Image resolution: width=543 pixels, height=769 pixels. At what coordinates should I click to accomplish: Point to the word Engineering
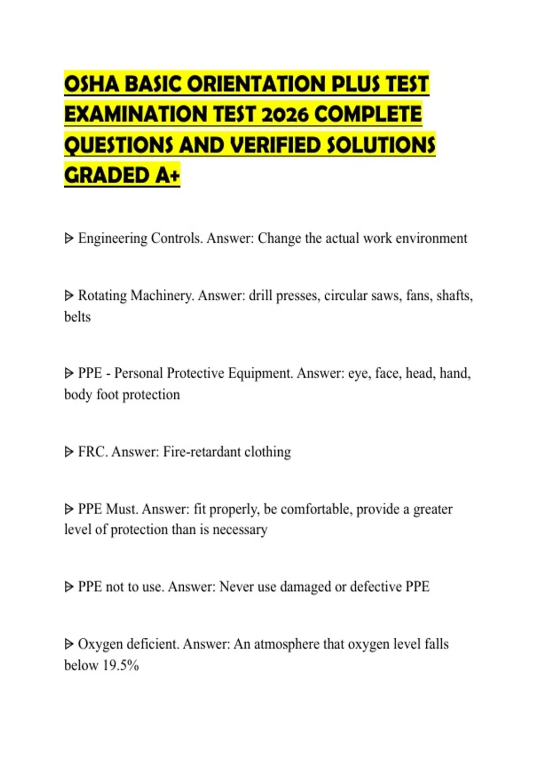(113, 238)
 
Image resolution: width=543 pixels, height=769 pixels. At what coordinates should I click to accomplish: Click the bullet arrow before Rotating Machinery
(69, 296)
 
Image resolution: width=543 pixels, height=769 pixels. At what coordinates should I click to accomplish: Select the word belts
(77, 317)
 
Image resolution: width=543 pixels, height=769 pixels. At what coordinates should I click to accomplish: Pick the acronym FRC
(92, 452)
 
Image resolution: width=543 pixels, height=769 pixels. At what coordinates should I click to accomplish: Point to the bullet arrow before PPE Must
(69, 509)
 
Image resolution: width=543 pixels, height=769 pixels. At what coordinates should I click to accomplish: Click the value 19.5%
(121, 665)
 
